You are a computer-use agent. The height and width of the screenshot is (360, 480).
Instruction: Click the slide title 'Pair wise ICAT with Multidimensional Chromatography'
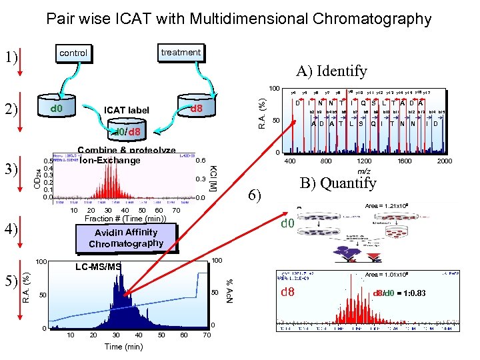pyautogui.click(x=239, y=19)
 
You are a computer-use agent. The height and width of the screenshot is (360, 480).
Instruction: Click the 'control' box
pyautogui.click(x=73, y=53)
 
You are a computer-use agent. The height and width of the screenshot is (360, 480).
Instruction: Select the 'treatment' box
pyautogui.click(x=181, y=52)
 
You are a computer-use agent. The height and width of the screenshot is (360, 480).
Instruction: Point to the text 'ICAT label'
pyautogui.click(x=127, y=110)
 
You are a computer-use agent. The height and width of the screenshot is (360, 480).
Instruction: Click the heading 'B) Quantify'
pyautogui.click(x=339, y=182)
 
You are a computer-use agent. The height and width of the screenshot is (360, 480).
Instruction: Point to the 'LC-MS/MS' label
pyautogui.click(x=99, y=267)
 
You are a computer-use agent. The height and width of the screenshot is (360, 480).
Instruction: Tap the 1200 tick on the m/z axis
pyautogui.click(x=365, y=161)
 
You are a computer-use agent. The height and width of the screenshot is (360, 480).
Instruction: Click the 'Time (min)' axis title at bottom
pyautogui.click(x=123, y=347)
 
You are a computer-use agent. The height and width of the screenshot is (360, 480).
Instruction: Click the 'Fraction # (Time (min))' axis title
pyautogui.click(x=125, y=219)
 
